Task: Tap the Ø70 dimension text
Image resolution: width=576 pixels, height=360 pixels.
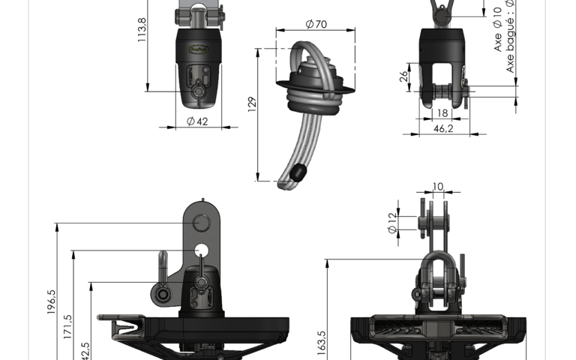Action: (x=316, y=24)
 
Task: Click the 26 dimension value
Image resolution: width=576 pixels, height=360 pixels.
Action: (x=404, y=76)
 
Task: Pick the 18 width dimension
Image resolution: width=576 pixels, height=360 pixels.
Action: (x=442, y=113)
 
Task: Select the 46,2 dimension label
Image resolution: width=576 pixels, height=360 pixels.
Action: (x=444, y=129)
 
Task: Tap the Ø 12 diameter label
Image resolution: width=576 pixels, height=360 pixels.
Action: (x=391, y=222)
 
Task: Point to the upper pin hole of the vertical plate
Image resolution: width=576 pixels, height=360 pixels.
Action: (x=201, y=223)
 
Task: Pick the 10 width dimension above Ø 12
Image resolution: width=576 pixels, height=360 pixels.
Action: (x=438, y=186)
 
